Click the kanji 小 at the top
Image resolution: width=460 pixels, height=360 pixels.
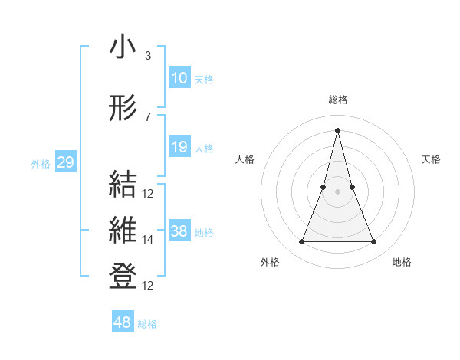coord(123,47)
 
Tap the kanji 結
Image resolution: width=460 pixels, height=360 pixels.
coord(123,185)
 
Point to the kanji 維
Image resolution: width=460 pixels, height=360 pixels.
coord(123,231)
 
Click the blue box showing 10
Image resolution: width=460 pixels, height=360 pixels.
coord(179,77)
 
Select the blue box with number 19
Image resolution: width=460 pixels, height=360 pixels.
coord(179,147)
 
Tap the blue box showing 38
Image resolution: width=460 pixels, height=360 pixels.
coord(179,231)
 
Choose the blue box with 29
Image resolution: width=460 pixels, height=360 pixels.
coord(66,162)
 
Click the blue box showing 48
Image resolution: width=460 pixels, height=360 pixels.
coord(123,322)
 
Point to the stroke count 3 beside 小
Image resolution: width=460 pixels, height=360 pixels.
coord(147,56)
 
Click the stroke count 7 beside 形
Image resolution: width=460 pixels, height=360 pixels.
coord(147,117)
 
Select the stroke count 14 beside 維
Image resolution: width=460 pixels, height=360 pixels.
coord(148,240)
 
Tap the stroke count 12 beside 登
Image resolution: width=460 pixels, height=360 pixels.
coord(148,286)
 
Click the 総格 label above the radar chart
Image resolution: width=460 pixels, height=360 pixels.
coord(338,100)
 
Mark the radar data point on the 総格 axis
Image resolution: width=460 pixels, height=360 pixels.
coord(338,130)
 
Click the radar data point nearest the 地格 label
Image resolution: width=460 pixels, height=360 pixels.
coord(374,242)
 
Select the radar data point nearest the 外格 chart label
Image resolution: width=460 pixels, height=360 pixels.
coord(301,242)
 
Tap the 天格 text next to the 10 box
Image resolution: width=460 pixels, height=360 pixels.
coord(204,80)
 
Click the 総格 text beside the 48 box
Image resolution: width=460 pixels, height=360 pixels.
coord(147,325)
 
